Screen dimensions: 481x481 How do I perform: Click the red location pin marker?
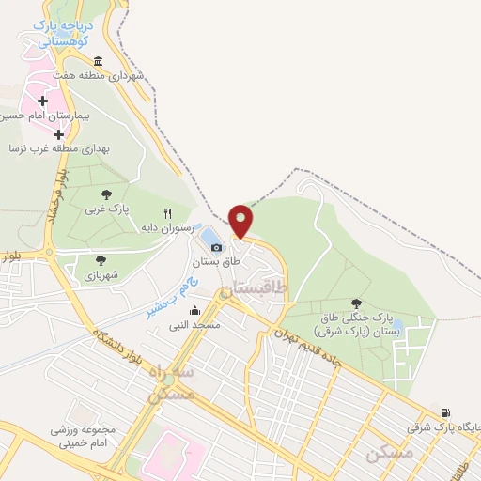[x=240, y=221]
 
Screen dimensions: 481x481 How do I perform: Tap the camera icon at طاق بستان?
[x=217, y=247]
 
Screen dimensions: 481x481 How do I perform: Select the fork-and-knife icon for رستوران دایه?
[x=168, y=213]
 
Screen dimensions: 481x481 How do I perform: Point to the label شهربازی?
[x=101, y=276]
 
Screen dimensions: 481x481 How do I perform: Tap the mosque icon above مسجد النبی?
[x=194, y=311]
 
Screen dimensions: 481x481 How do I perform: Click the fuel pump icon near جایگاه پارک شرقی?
[x=444, y=411]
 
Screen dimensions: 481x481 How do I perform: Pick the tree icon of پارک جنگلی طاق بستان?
[x=356, y=303]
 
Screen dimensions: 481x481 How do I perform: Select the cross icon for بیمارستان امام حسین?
[x=43, y=100]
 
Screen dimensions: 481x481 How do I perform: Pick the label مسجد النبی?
[x=194, y=325]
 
